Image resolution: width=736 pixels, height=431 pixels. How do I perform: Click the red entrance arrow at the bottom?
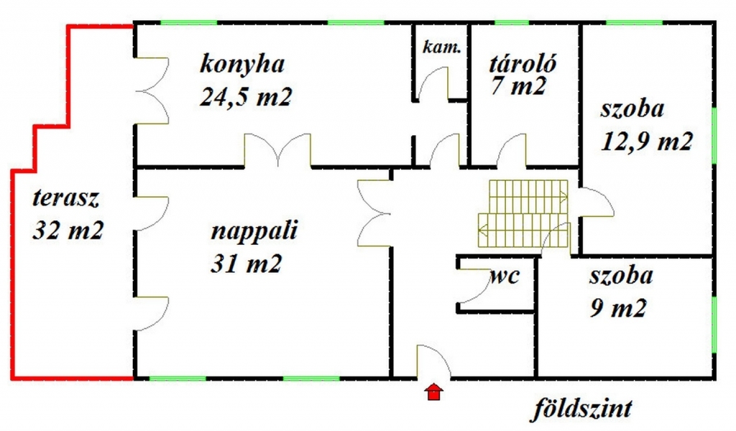[433, 392]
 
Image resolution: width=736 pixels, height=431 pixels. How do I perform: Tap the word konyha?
[242, 64]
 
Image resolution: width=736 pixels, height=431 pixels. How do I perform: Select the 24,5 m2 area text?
[246, 96]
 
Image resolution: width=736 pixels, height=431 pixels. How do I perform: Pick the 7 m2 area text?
[518, 87]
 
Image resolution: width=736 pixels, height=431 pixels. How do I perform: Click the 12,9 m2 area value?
[646, 142]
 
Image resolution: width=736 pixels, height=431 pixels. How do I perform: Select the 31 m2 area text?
[246, 264]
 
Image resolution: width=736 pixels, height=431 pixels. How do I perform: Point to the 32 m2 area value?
[68, 230]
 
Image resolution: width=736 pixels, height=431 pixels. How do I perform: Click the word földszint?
[582, 409]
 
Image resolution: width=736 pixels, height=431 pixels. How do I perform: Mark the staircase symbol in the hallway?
[524, 213]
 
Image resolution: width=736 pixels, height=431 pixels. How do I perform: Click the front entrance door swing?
[433, 361]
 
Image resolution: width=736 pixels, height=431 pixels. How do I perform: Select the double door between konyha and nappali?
[278, 151]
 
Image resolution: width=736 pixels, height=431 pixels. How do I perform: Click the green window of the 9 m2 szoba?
[714, 324]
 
